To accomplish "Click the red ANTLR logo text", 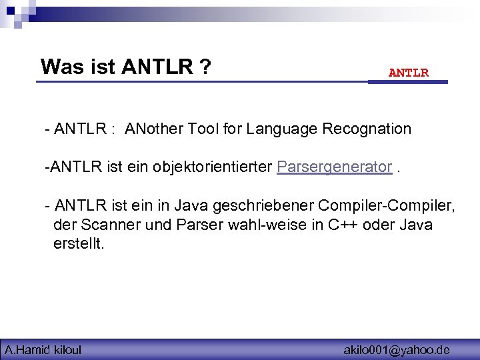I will [409, 73].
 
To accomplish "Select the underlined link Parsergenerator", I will [334, 167].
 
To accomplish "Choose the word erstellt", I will [79, 243].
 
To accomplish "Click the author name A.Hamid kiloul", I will [43, 349].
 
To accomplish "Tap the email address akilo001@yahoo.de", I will [397, 349].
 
